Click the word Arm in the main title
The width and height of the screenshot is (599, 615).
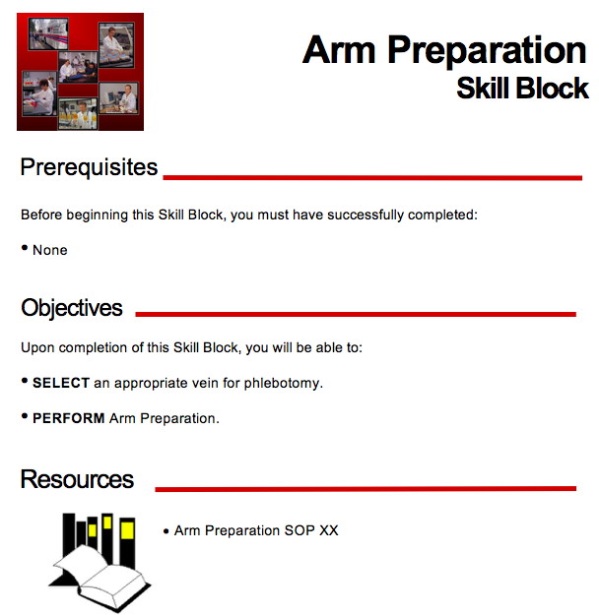tap(339, 49)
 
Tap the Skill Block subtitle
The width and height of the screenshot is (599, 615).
tap(522, 88)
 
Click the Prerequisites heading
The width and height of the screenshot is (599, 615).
tap(89, 168)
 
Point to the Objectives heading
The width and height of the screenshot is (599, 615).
tap(72, 309)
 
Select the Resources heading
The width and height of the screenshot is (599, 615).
tap(77, 479)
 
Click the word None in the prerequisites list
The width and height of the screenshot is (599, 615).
tap(50, 250)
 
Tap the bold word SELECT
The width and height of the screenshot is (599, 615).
tap(61, 383)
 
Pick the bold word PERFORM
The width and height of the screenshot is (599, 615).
tap(68, 418)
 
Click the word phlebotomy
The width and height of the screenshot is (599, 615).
tap(283, 383)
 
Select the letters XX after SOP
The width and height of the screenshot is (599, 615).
tap(329, 530)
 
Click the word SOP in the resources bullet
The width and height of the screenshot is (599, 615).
tap(299, 530)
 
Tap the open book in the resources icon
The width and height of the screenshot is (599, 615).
tap(100, 578)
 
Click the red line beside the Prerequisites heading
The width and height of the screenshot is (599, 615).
tap(372, 178)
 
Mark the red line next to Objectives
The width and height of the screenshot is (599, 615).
tap(356, 314)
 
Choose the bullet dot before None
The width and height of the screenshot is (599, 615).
tap(25, 248)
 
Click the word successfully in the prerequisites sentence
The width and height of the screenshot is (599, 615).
tap(366, 215)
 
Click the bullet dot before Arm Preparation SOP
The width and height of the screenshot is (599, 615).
tap(166, 531)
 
